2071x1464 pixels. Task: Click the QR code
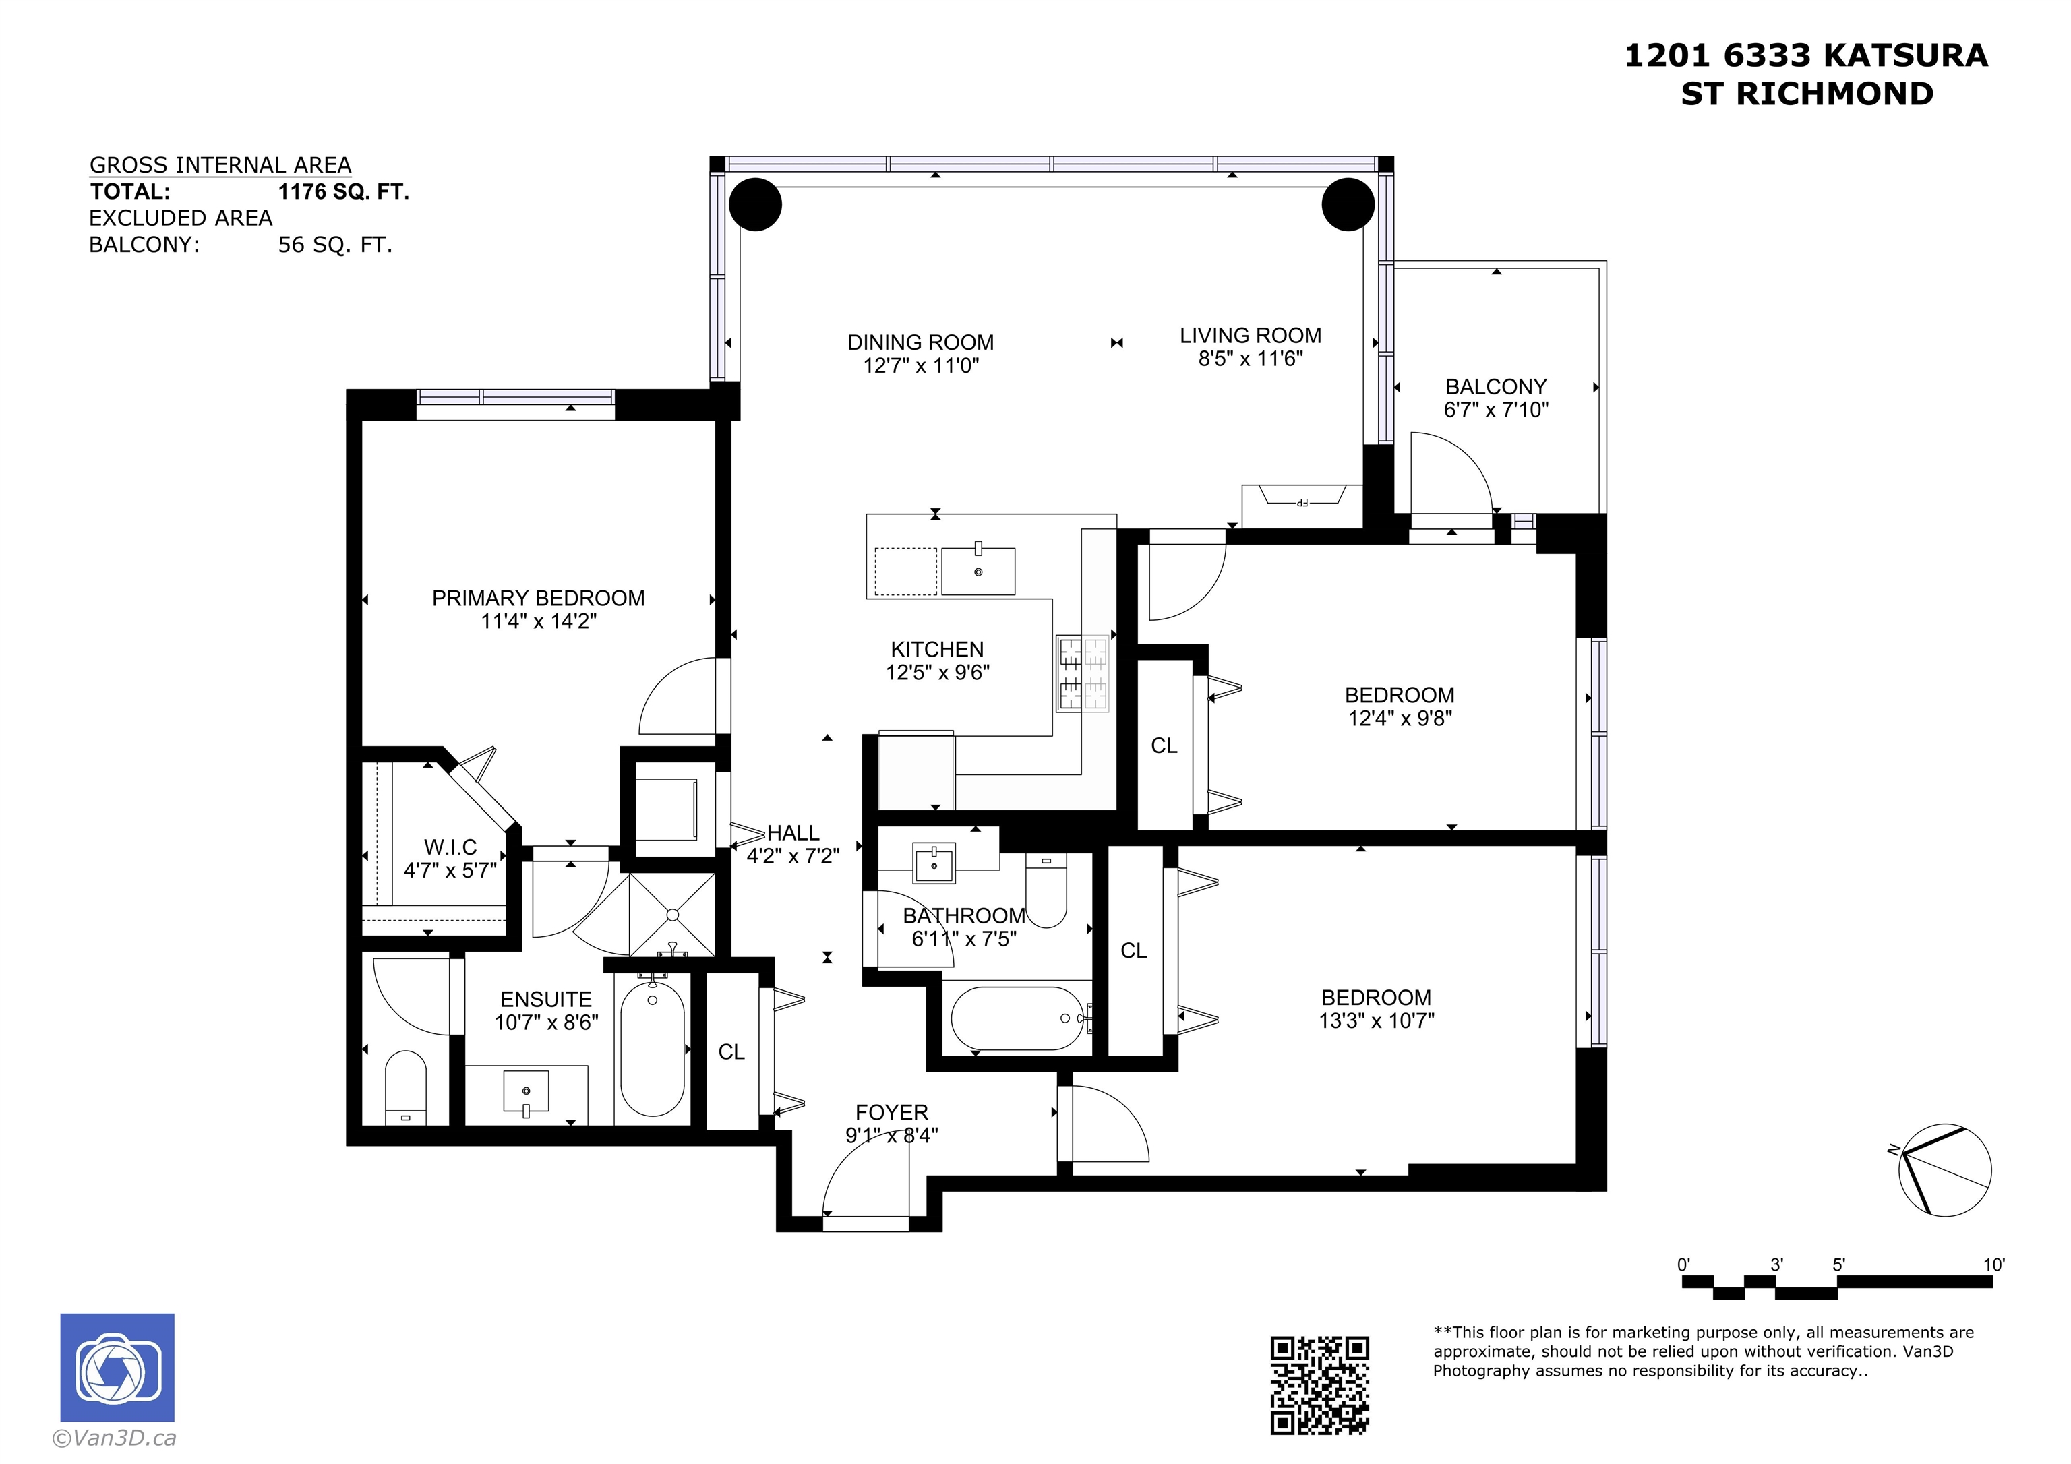pyautogui.click(x=1319, y=1384)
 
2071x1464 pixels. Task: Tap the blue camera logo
pyautogui.click(x=117, y=1368)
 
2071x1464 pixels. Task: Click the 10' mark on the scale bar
pyautogui.click(x=1993, y=1264)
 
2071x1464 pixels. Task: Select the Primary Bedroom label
pyautogui.click(x=539, y=598)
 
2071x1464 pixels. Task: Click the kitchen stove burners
pyautogui.click(x=1083, y=675)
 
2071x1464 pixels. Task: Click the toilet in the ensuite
pyautogui.click(x=406, y=1087)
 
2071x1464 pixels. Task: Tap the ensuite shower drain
pyautogui.click(x=673, y=915)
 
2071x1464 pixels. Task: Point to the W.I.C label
pyautogui.click(x=450, y=847)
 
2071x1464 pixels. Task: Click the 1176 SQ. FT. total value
pyautogui.click(x=344, y=191)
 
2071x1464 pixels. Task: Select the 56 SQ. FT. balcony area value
pyautogui.click(x=336, y=245)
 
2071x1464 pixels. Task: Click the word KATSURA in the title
pyautogui.click(x=1905, y=56)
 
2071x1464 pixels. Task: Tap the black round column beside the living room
pyautogui.click(x=1348, y=205)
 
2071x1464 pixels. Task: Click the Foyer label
pyautogui.click(x=891, y=1112)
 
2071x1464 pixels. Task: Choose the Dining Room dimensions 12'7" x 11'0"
pyautogui.click(x=921, y=365)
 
